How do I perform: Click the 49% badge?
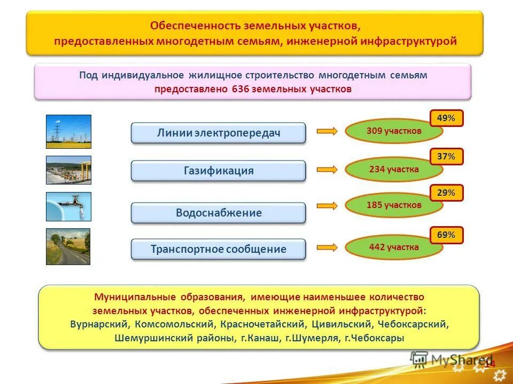446,118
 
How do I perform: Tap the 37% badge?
446,157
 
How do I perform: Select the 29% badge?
446,193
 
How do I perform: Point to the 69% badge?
446,235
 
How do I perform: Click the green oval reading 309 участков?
394,131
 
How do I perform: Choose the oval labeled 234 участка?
394,170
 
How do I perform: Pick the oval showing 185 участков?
394,205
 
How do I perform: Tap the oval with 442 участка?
394,247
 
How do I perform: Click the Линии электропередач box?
219,133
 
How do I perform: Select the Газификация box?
219,171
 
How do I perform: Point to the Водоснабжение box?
219,213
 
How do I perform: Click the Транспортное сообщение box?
219,249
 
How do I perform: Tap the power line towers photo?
68,131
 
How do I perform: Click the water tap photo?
68,206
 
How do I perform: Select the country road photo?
68,246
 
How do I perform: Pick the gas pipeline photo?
68,170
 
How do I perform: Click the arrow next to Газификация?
327,170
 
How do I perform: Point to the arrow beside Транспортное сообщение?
327,247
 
